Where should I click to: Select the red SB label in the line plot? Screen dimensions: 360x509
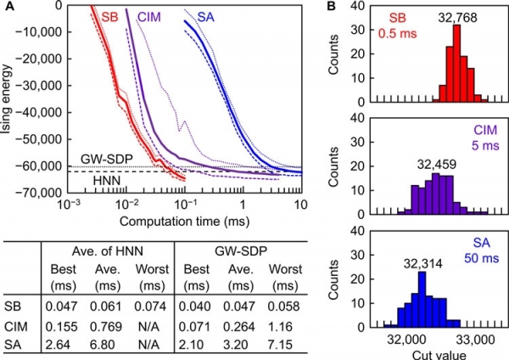tap(109, 19)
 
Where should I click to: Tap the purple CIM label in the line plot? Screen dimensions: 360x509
tap(154, 19)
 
